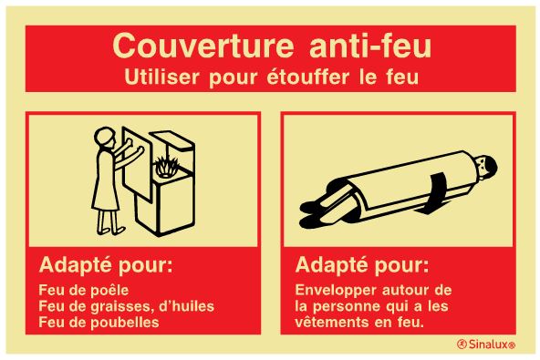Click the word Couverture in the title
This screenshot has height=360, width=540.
coord(203,46)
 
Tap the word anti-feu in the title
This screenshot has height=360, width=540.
coord(370,46)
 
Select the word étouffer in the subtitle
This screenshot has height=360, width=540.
coord(308,77)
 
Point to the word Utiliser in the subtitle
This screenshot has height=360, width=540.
coord(161,77)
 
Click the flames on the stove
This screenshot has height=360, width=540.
coord(166,167)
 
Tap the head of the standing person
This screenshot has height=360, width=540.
coord(105,138)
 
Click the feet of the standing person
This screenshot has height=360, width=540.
coord(111,230)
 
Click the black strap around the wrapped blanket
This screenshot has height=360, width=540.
coord(437,192)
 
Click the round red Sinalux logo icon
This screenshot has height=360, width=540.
coord(462,344)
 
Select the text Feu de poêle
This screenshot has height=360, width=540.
coord(84,290)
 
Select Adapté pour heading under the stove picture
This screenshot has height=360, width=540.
coord(106,266)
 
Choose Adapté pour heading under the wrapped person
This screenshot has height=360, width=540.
coord(362,266)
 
